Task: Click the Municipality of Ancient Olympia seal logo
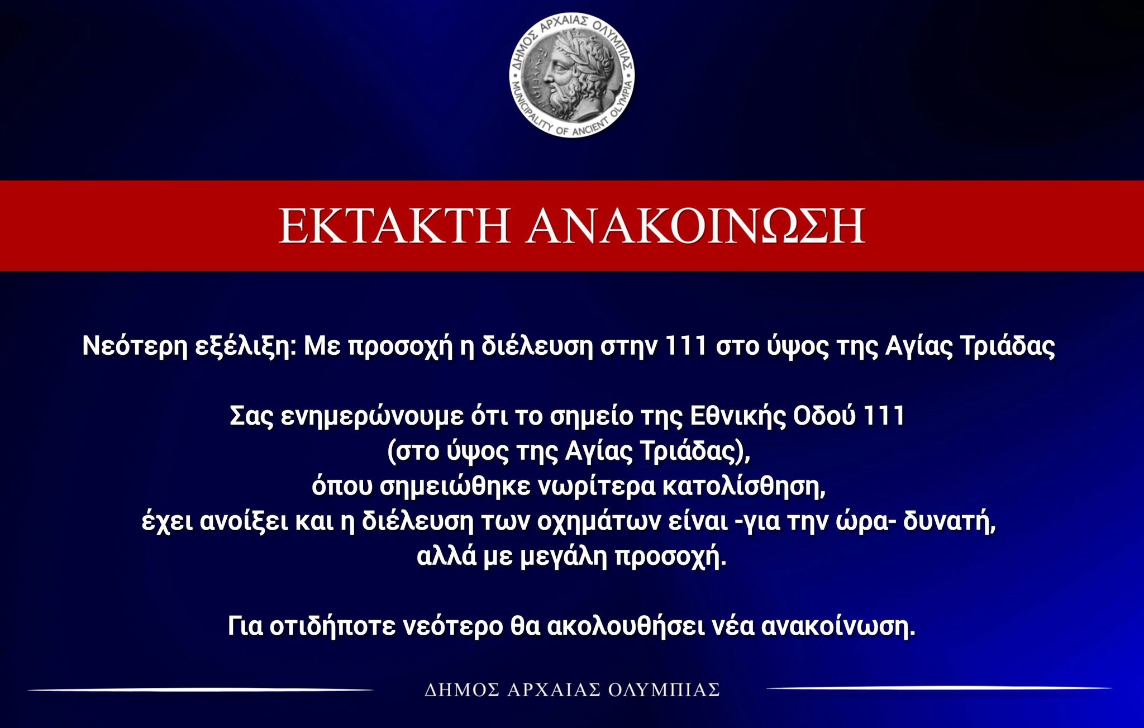(x=572, y=75)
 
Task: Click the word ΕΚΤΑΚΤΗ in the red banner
(x=394, y=226)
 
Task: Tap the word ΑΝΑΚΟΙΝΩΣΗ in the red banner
(x=695, y=226)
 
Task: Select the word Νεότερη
(x=135, y=346)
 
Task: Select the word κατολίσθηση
(x=743, y=487)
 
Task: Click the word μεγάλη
(x=564, y=558)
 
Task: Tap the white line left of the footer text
(x=201, y=690)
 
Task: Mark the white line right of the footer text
(x=938, y=688)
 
